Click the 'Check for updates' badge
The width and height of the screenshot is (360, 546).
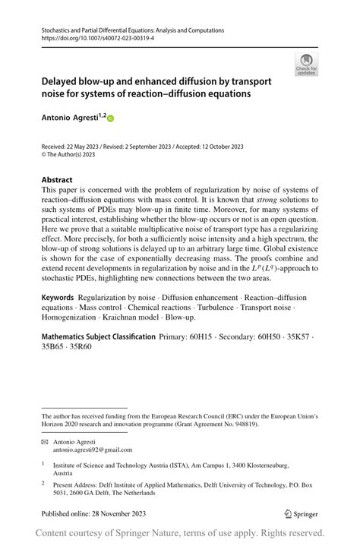point(306,65)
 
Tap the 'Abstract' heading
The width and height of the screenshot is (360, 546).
point(57,180)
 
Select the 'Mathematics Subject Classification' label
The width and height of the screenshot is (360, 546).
point(98,336)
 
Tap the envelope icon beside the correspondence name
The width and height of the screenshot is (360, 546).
point(45,440)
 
